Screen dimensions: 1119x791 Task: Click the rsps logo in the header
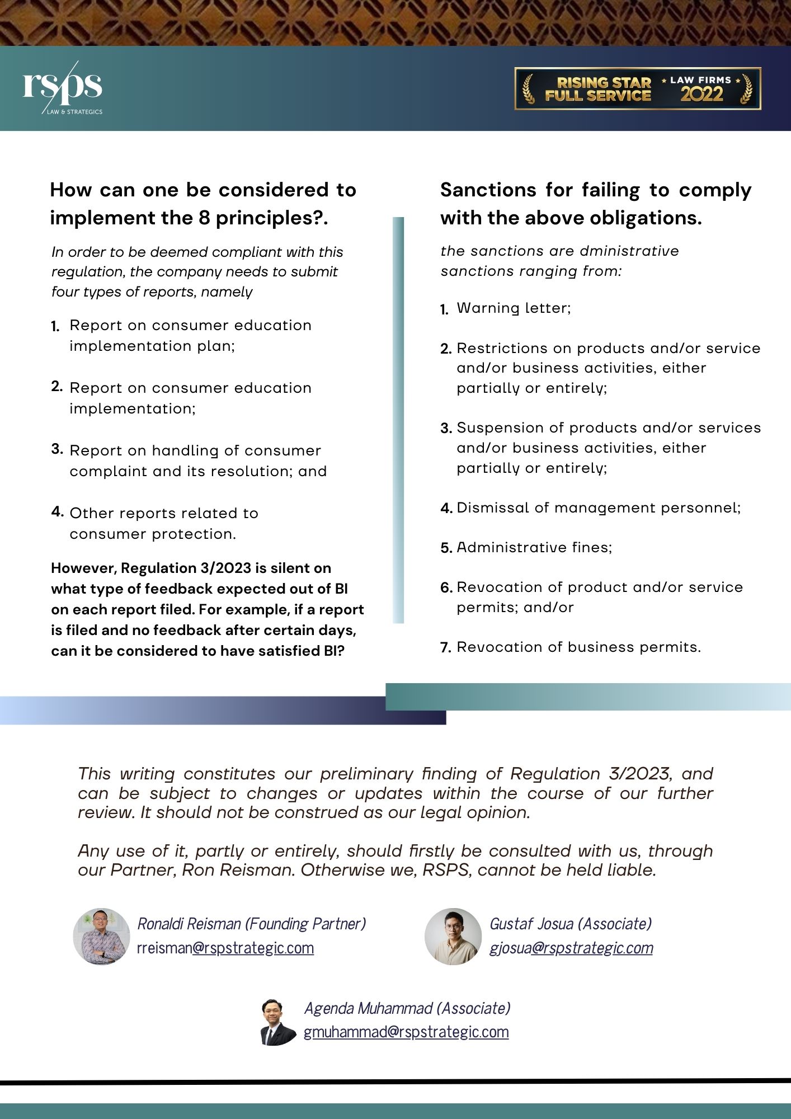62,87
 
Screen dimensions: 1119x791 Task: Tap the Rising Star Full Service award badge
637,88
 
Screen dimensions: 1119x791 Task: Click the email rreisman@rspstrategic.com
225,948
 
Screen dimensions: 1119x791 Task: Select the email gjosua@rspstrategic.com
571,948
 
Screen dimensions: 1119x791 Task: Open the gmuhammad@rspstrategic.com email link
406,1032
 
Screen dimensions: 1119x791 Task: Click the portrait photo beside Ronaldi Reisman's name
101,936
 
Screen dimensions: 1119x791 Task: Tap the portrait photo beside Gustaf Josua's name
453,936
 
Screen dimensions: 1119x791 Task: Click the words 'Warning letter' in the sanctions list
513,308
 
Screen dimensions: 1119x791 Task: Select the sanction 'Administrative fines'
534,547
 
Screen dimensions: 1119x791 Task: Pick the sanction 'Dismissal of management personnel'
598,507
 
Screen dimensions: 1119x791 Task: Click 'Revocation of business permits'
578,647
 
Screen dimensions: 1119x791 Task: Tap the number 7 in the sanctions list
445,648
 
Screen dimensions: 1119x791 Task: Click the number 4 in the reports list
57,512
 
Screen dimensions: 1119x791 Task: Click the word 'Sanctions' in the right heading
488,190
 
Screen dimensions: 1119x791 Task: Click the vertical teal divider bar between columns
398,420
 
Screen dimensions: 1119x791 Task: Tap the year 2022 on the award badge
701,95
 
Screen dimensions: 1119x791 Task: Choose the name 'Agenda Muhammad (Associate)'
407,1008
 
